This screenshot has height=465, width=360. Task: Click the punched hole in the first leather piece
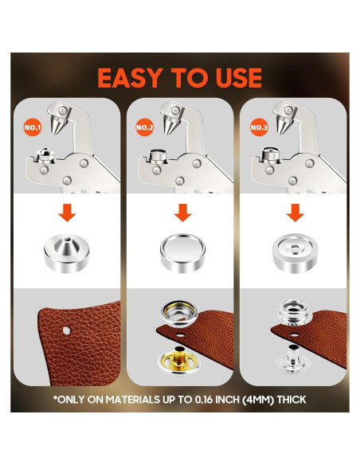[x=68, y=326]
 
